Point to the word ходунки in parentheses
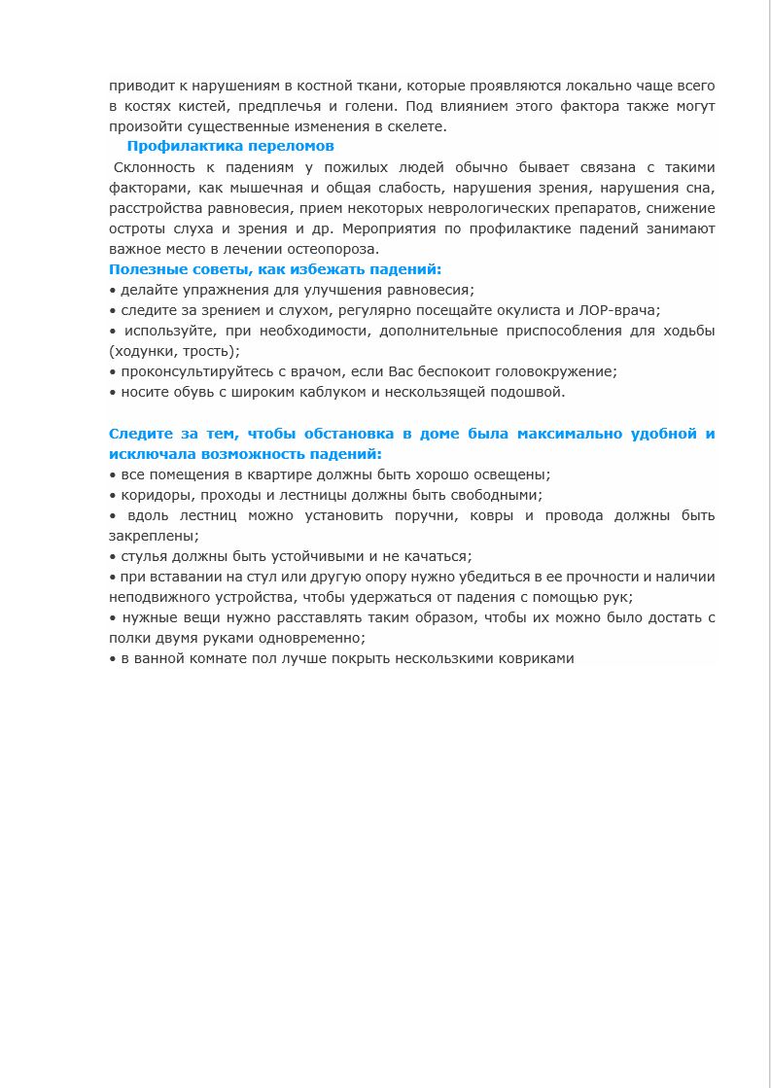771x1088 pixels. [x=143, y=351]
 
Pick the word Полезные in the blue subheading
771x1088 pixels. [x=141, y=269]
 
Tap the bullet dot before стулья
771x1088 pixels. [x=113, y=557]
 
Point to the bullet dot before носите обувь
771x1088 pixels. [x=113, y=393]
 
